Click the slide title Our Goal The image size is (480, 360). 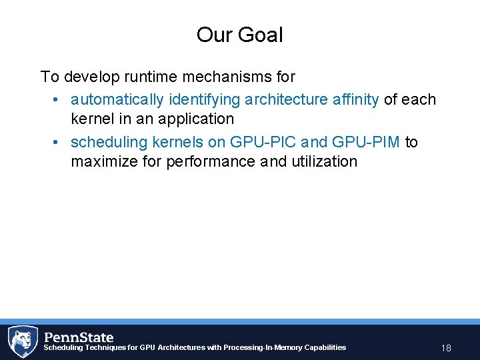pyautogui.click(x=239, y=35)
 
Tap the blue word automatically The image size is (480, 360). pyautogui.click(x=117, y=99)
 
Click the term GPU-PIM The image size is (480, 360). pyautogui.click(x=365, y=142)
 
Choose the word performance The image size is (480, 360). pyautogui.click(x=205, y=161)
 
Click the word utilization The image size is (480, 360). pyautogui.click(x=324, y=161)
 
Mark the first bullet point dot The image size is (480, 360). pyautogui.click(x=57, y=100)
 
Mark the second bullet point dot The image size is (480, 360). pyautogui.click(x=57, y=143)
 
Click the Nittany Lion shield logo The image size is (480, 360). pyautogui.click(x=22, y=341)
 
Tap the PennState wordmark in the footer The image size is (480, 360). pyautogui.click(x=79, y=337)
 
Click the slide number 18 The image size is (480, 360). pyautogui.click(x=446, y=348)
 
